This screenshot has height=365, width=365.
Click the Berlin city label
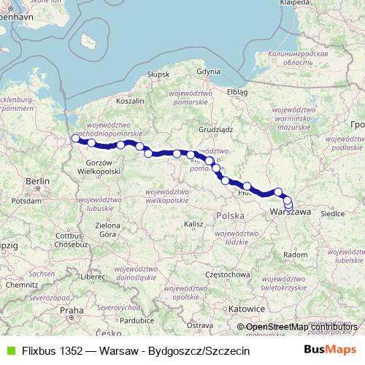click(36, 180)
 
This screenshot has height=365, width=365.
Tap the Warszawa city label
click(291, 211)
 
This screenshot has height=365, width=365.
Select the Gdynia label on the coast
click(208, 72)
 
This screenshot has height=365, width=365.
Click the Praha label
click(72, 310)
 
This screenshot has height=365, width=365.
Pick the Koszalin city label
click(128, 101)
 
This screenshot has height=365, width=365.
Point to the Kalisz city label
click(193, 223)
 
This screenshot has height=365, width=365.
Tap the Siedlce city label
click(333, 215)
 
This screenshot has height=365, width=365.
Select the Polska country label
click(230, 217)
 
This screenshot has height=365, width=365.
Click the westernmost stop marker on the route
click(74, 139)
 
